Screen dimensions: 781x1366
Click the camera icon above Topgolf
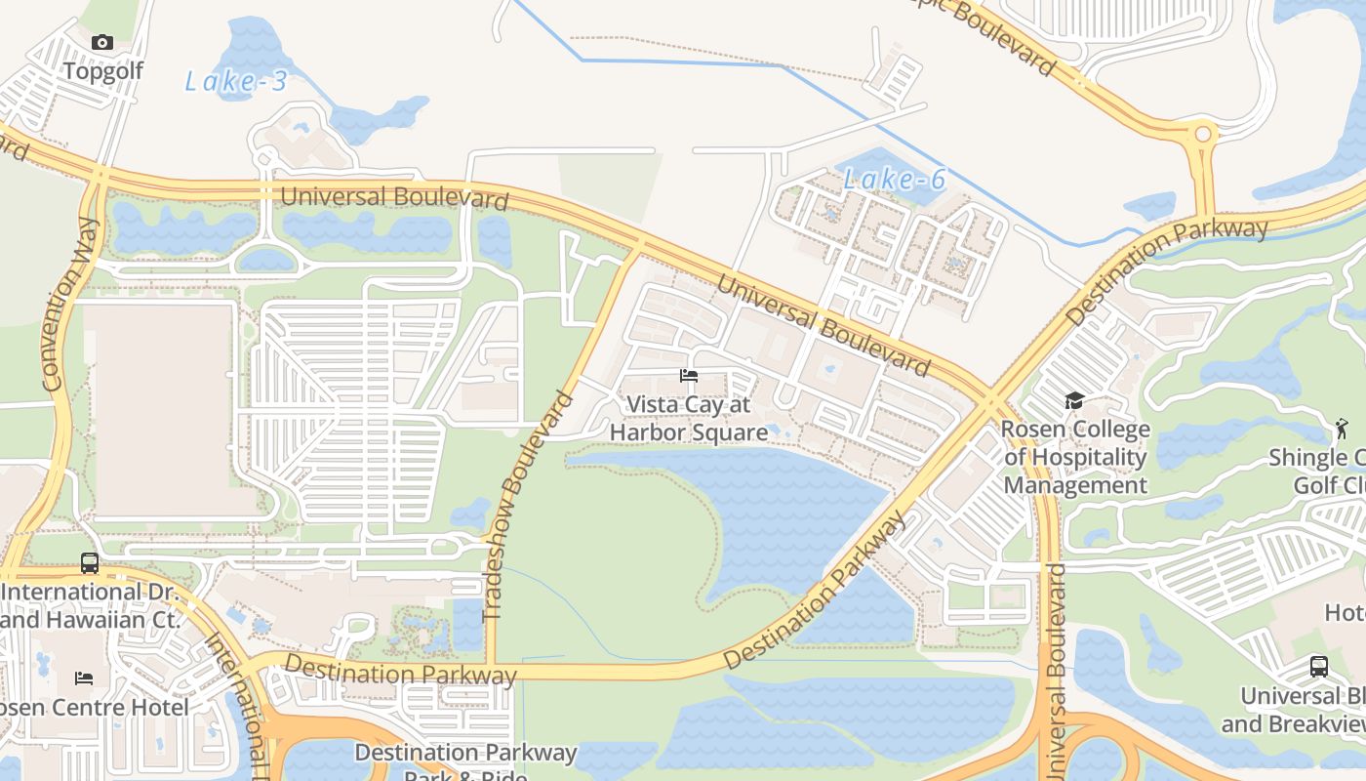pyautogui.click(x=102, y=42)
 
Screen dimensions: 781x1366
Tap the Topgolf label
pyautogui.click(x=102, y=70)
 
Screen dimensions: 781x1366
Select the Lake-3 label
pyautogui.click(x=236, y=82)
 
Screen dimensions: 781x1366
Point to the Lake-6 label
pyautogui.click(x=895, y=180)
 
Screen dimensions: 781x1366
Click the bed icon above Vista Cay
pyautogui.click(x=689, y=376)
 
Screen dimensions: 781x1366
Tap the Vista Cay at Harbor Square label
pyautogui.click(x=689, y=418)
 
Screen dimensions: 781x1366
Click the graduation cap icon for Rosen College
pyautogui.click(x=1074, y=400)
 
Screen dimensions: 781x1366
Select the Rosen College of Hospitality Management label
pyautogui.click(x=1075, y=457)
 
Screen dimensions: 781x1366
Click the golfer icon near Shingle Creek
pyautogui.click(x=1342, y=428)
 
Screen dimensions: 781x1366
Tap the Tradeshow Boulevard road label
pyautogui.click(x=527, y=506)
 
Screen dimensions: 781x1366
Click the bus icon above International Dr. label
pyautogui.click(x=90, y=563)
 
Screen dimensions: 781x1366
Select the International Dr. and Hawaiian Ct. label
pyautogui.click(x=90, y=605)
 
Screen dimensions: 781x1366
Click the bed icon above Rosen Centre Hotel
pyautogui.click(x=84, y=678)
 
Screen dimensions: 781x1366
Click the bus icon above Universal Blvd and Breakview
pyautogui.click(x=1319, y=667)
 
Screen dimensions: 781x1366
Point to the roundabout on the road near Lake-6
pyautogui.click(x=1203, y=134)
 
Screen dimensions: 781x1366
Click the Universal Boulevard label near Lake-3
pyautogui.click(x=394, y=196)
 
